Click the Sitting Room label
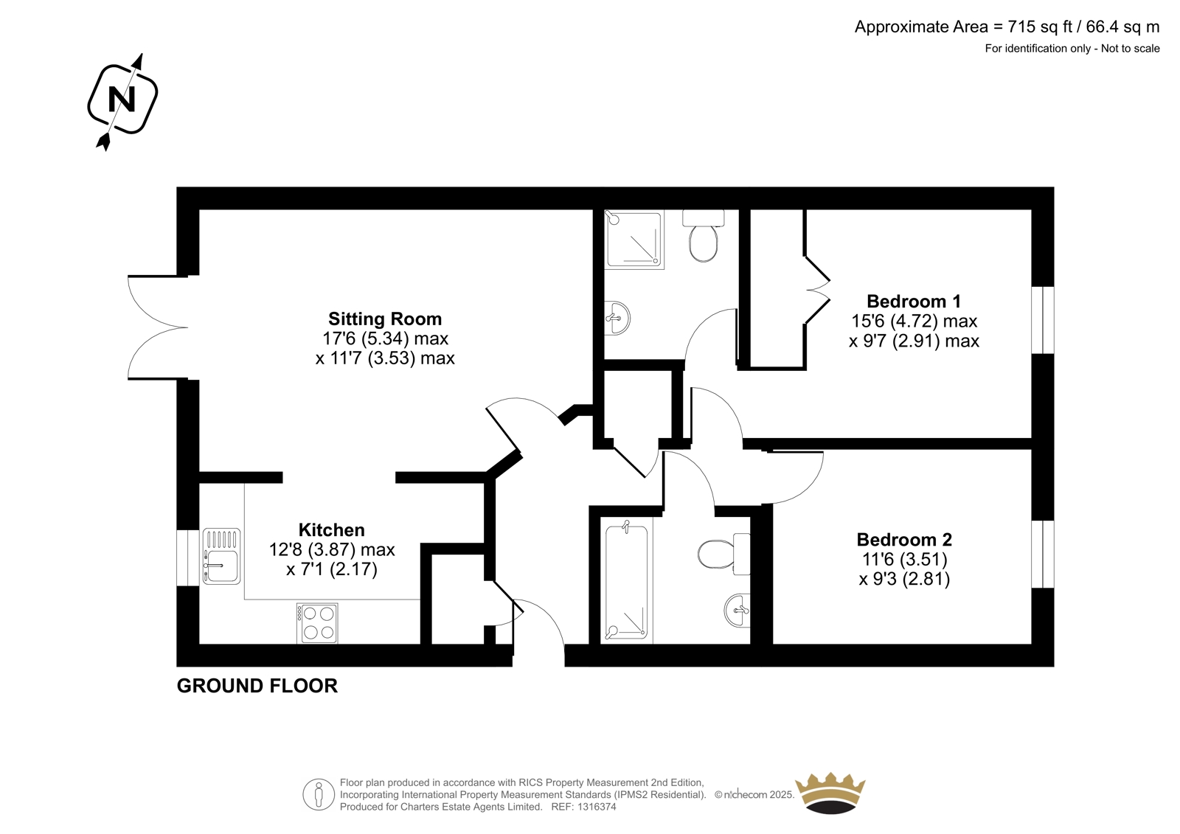click(x=385, y=319)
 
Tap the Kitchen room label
click(x=331, y=529)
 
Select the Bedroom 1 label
click(x=914, y=302)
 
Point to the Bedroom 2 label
click(x=904, y=540)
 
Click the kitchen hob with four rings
click(x=317, y=623)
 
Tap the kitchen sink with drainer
click(x=221, y=556)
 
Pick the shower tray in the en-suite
click(x=634, y=239)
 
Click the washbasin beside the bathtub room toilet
click(x=737, y=610)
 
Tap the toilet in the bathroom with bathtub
click(x=723, y=554)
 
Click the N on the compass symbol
click(x=122, y=99)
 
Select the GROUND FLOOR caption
click(x=257, y=686)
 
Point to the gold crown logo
click(x=830, y=793)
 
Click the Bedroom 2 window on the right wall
click(x=1043, y=555)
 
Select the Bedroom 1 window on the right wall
click(x=1043, y=320)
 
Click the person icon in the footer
click(x=319, y=794)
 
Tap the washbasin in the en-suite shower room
click(x=617, y=318)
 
